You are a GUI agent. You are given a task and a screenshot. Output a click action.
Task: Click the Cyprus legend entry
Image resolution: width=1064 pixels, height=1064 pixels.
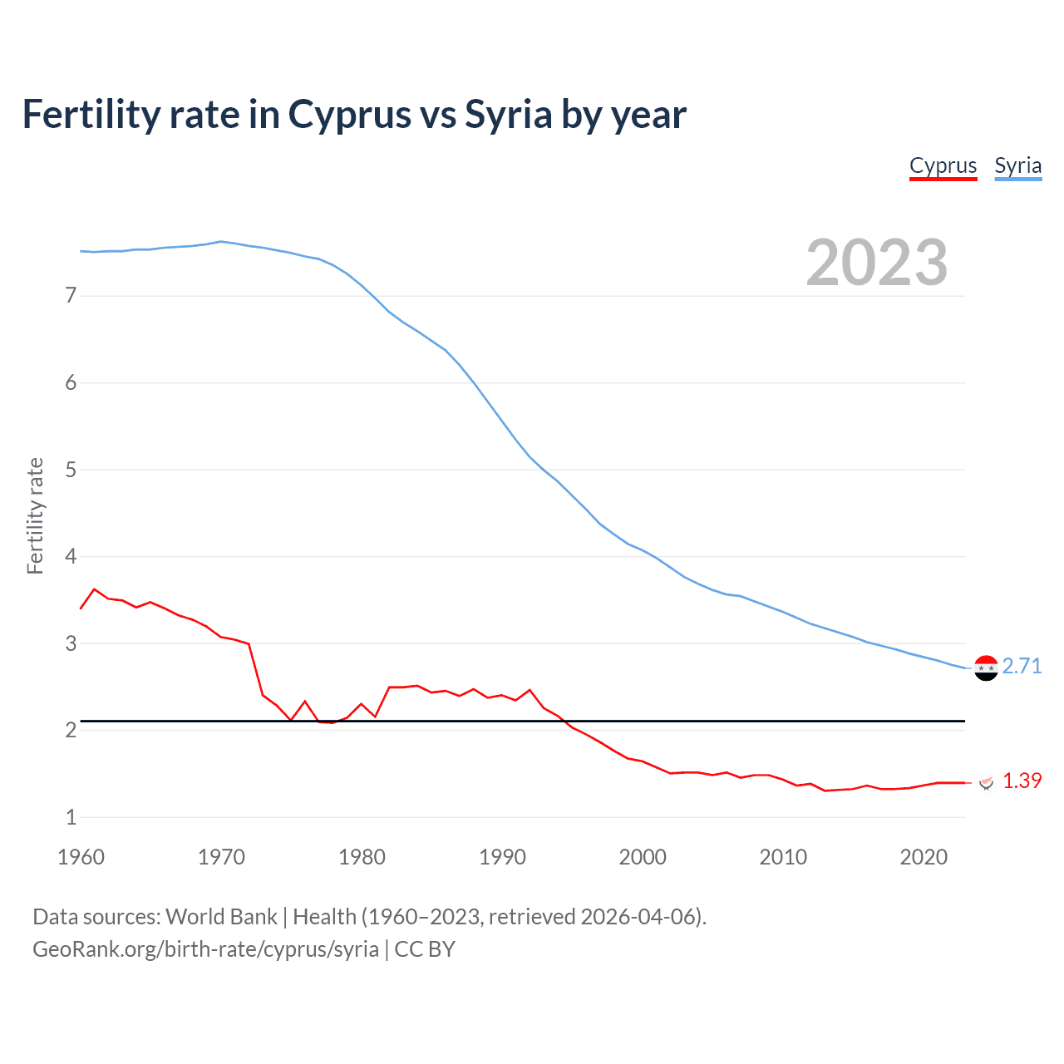[943, 165]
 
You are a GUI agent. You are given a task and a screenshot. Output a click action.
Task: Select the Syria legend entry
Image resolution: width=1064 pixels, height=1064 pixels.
[1017, 165]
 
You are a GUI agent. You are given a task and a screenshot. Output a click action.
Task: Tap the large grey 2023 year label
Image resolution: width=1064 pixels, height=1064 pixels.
[876, 263]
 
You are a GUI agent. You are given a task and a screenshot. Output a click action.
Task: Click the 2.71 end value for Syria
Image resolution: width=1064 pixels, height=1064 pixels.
[1022, 666]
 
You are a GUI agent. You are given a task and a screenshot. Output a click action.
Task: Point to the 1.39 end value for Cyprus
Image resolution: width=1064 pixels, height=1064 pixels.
[1022, 781]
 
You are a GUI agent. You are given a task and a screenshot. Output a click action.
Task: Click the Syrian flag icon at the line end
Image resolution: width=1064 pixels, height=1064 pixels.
[986, 667]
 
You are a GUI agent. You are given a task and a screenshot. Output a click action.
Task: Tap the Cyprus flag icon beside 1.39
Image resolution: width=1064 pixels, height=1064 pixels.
[987, 782]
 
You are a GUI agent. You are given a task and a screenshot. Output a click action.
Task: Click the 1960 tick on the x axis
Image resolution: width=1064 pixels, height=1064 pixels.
[81, 857]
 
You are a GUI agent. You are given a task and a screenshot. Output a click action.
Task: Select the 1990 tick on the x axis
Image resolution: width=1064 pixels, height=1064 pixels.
[502, 857]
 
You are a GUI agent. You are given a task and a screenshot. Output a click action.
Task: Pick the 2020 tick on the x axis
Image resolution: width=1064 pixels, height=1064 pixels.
[924, 857]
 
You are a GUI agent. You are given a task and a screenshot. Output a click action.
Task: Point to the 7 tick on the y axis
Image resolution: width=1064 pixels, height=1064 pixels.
[71, 296]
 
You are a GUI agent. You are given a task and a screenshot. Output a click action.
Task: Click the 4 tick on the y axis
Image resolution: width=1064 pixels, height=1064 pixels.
[71, 556]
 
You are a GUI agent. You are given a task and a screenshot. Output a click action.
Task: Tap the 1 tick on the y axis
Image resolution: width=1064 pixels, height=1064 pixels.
[71, 817]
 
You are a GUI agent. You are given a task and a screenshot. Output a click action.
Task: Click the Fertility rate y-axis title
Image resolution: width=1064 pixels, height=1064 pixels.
[35, 515]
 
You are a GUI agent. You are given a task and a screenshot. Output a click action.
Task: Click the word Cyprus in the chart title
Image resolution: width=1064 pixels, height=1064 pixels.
[349, 115]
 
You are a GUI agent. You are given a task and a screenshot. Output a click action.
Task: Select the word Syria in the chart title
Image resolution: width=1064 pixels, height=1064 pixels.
[508, 115]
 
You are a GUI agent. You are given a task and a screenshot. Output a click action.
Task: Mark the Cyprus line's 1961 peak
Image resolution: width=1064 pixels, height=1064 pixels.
[94, 589]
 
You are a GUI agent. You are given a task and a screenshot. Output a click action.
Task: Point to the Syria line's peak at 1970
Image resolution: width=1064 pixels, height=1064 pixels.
[220, 242]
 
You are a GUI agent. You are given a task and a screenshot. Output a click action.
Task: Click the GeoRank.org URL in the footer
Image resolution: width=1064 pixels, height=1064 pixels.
[205, 949]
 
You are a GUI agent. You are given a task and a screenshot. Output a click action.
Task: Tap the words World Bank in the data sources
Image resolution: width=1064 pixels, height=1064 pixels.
[221, 917]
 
